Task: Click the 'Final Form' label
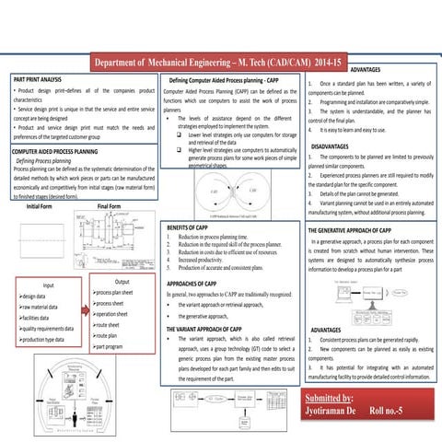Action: tap(109, 206)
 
